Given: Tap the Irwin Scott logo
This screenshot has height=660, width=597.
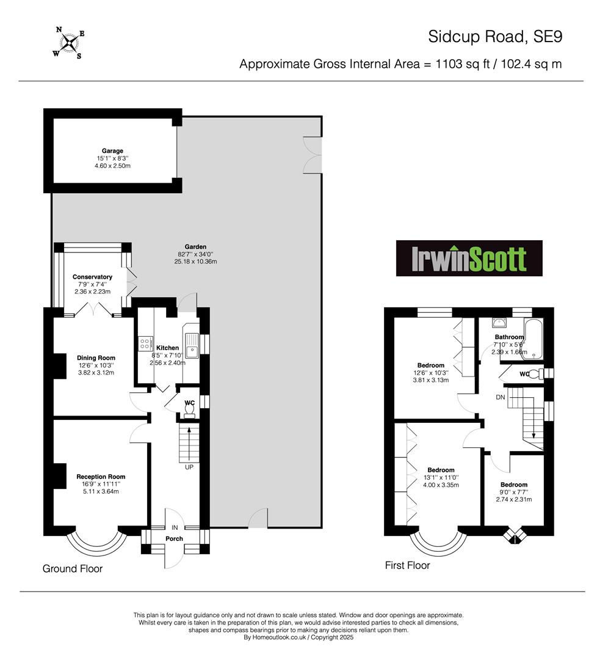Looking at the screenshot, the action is tap(469, 258).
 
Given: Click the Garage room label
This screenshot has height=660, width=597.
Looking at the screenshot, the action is tap(112, 151).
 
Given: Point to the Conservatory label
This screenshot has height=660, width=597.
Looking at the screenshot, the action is tap(92, 277).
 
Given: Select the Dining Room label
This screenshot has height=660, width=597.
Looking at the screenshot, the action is tap(96, 358).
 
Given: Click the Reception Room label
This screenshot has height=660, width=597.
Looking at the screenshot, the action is tap(101, 477).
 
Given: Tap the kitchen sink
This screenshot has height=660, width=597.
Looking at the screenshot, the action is tap(191, 345).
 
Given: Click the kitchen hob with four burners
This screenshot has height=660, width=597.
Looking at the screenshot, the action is tap(145, 343).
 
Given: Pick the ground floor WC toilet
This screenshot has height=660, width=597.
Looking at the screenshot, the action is tap(190, 410).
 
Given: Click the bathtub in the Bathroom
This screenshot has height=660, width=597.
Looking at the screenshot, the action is tap(533, 339).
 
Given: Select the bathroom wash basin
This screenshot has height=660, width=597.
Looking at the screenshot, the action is tap(499, 323).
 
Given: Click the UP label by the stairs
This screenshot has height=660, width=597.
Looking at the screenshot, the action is tap(189, 467).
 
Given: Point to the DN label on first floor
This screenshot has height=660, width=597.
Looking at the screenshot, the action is tap(501, 397).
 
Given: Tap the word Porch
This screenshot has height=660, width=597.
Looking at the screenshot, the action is tap(174, 538).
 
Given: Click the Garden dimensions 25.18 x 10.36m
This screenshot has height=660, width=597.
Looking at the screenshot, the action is tap(195, 262).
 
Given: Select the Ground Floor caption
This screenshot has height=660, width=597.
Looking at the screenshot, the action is tap(72, 569).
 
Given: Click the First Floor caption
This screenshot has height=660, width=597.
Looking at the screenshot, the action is tap(407, 565).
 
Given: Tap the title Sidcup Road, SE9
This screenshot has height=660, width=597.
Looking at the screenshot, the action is tap(495, 37).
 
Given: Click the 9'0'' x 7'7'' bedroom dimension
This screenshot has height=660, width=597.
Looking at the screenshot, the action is tap(514, 492).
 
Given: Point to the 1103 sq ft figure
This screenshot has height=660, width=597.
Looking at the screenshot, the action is tap(463, 64).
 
